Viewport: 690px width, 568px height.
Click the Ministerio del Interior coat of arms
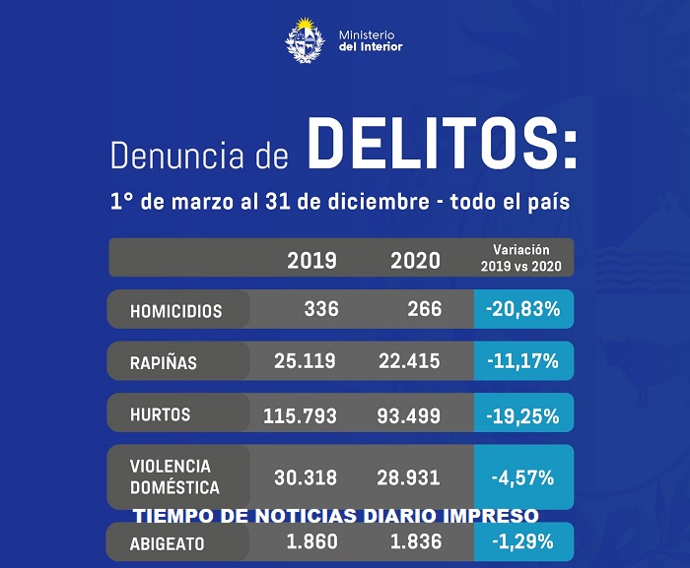(x=304, y=41)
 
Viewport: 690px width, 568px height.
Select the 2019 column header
(x=311, y=261)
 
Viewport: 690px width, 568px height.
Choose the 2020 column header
(x=415, y=261)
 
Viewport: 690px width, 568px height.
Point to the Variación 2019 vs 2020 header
(x=522, y=258)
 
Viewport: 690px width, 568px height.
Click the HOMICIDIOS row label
(x=176, y=311)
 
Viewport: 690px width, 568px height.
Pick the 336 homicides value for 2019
(x=321, y=309)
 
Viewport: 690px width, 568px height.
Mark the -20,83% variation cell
(x=522, y=309)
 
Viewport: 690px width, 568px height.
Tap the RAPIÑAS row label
(x=164, y=362)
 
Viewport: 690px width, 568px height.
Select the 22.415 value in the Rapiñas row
(x=409, y=361)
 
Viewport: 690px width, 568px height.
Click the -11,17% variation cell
(x=522, y=361)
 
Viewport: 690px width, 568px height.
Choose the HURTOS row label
(x=159, y=414)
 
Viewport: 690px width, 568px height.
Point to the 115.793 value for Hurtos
(x=300, y=415)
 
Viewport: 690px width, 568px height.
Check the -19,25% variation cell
(x=522, y=414)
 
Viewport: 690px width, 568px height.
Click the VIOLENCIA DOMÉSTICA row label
(x=174, y=476)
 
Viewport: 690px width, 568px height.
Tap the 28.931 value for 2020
(x=409, y=477)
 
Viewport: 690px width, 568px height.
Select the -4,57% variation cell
(x=522, y=477)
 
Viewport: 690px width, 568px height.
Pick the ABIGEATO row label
(x=168, y=542)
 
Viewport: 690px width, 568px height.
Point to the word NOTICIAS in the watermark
(x=331, y=516)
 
